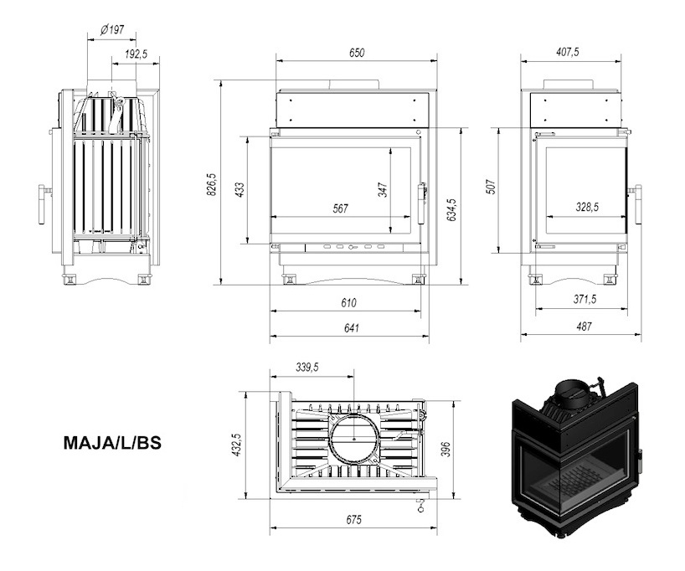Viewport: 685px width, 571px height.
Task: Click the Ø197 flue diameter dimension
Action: click(x=112, y=30)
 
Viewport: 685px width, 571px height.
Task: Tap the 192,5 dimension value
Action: click(x=136, y=54)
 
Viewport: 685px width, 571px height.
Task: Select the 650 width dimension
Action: click(x=357, y=53)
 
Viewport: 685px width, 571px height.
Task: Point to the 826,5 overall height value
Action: click(x=211, y=184)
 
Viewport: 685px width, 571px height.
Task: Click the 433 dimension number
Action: click(x=240, y=189)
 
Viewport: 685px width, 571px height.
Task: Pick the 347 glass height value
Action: click(x=384, y=190)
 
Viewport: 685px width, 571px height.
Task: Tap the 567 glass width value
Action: click(x=340, y=208)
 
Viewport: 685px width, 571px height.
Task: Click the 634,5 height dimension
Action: click(x=451, y=209)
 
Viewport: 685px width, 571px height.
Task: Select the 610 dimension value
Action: click(x=348, y=302)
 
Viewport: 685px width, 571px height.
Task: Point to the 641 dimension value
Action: click(x=351, y=327)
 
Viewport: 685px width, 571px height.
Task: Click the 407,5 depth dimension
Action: click(x=568, y=52)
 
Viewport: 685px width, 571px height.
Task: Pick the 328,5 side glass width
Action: click(x=587, y=207)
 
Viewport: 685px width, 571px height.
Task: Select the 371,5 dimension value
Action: click(x=585, y=299)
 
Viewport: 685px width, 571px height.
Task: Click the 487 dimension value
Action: click(x=584, y=326)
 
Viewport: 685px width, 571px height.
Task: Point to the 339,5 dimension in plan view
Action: click(x=307, y=368)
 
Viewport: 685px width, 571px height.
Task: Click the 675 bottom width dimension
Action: click(x=354, y=519)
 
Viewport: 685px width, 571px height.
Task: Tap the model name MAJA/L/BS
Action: click(x=112, y=443)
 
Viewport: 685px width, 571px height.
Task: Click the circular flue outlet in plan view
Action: click(x=354, y=439)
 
